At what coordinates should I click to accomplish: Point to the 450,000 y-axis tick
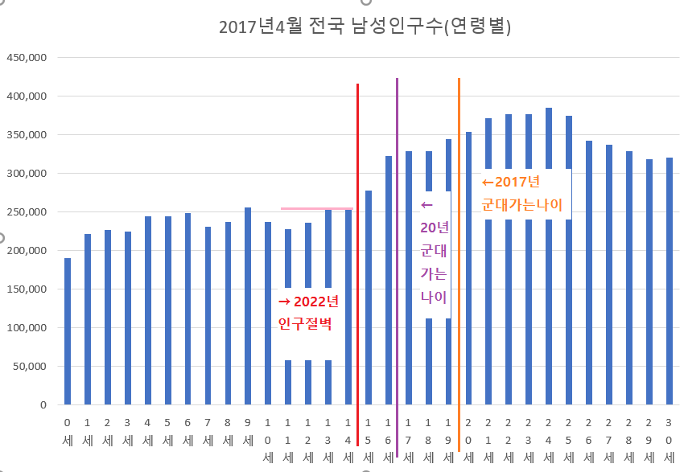(x=27, y=58)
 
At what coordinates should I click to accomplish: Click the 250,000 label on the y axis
(x=27, y=212)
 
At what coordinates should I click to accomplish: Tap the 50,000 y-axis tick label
(x=31, y=367)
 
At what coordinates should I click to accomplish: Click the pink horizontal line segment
(x=316, y=208)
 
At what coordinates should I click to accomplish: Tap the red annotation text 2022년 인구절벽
(x=308, y=314)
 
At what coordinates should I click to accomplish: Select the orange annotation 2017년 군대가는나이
(x=522, y=193)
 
